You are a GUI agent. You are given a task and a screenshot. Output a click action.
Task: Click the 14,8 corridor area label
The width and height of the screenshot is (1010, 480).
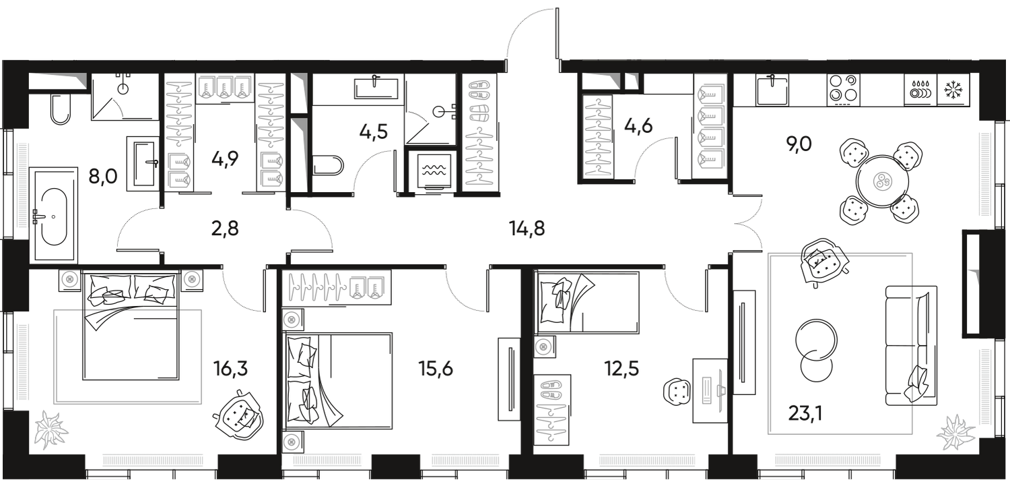[528, 229]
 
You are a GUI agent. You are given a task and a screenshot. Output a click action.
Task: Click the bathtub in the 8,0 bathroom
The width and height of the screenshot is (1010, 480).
[51, 216]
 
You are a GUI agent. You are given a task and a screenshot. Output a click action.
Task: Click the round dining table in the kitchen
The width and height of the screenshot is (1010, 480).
[882, 181]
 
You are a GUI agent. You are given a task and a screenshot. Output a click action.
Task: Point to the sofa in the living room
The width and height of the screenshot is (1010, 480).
[909, 344]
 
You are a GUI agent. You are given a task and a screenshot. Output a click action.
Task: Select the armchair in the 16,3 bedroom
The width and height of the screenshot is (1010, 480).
[237, 415]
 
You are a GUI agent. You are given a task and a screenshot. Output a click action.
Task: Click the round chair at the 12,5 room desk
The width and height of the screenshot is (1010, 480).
[675, 390]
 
